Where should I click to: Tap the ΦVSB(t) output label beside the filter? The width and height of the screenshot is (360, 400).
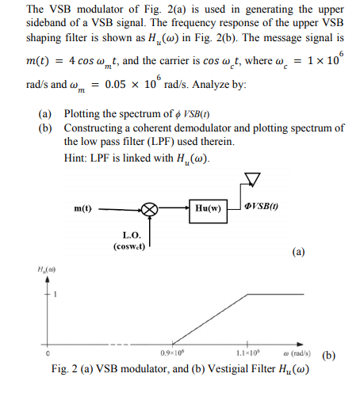[x=262, y=207]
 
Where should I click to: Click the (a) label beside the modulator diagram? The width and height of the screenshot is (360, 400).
[x=297, y=253]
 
